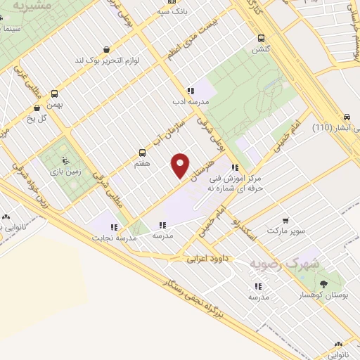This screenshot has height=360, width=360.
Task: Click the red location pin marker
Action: tap(181, 165)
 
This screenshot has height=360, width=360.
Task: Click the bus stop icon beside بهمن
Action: tap(55, 92)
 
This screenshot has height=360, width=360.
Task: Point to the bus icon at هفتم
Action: tap(143, 152)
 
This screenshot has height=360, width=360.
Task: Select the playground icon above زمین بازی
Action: tap(65, 159)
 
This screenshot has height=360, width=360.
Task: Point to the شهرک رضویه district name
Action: tap(284, 263)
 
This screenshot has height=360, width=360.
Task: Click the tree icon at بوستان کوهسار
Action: tap(323, 284)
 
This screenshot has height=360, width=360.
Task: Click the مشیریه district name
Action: tap(35, 8)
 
